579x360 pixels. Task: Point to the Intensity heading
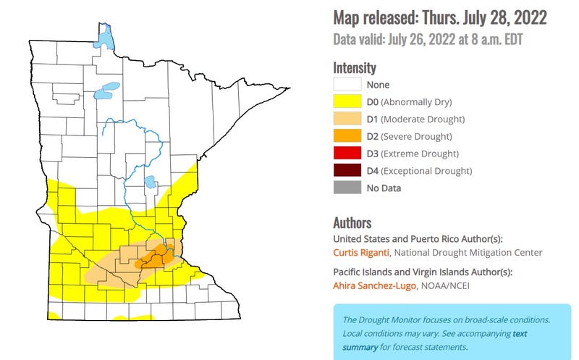pyautogui.click(x=355, y=67)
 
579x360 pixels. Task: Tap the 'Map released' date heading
pyautogui.click(x=439, y=17)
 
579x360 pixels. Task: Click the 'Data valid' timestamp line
pyautogui.click(x=427, y=39)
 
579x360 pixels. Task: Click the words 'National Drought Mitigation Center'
pyautogui.click(x=468, y=252)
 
